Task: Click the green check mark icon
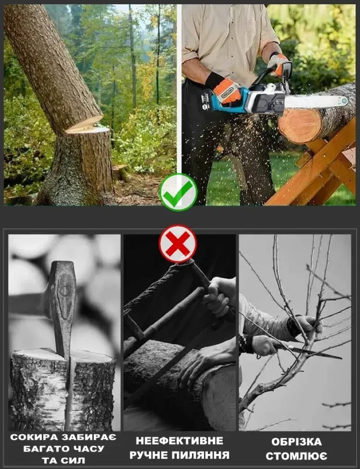(178, 192)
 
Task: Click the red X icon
(178, 243)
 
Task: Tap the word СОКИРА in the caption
(34, 437)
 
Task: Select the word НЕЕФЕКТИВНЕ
(180, 441)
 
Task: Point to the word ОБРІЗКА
(297, 442)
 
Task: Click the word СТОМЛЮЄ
(296, 456)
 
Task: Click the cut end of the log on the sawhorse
(299, 126)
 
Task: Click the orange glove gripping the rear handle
(227, 91)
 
